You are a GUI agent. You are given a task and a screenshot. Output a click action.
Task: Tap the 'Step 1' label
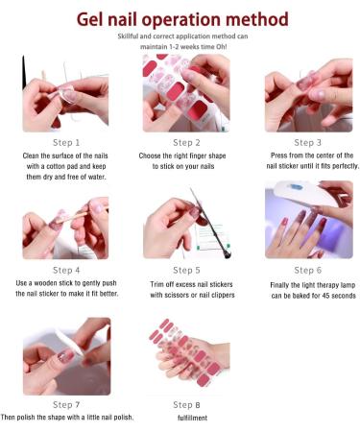pos(66,142)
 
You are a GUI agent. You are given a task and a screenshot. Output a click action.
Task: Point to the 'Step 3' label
pos(307,142)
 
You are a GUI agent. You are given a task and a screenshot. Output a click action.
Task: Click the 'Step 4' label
pos(66,270)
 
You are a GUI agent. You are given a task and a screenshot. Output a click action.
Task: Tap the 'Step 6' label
pos(307,270)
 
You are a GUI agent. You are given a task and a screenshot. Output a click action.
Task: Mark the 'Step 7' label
pos(66,404)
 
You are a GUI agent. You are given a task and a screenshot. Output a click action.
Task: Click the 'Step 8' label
pos(186,404)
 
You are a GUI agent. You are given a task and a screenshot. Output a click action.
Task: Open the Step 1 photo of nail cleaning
pos(66,93)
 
